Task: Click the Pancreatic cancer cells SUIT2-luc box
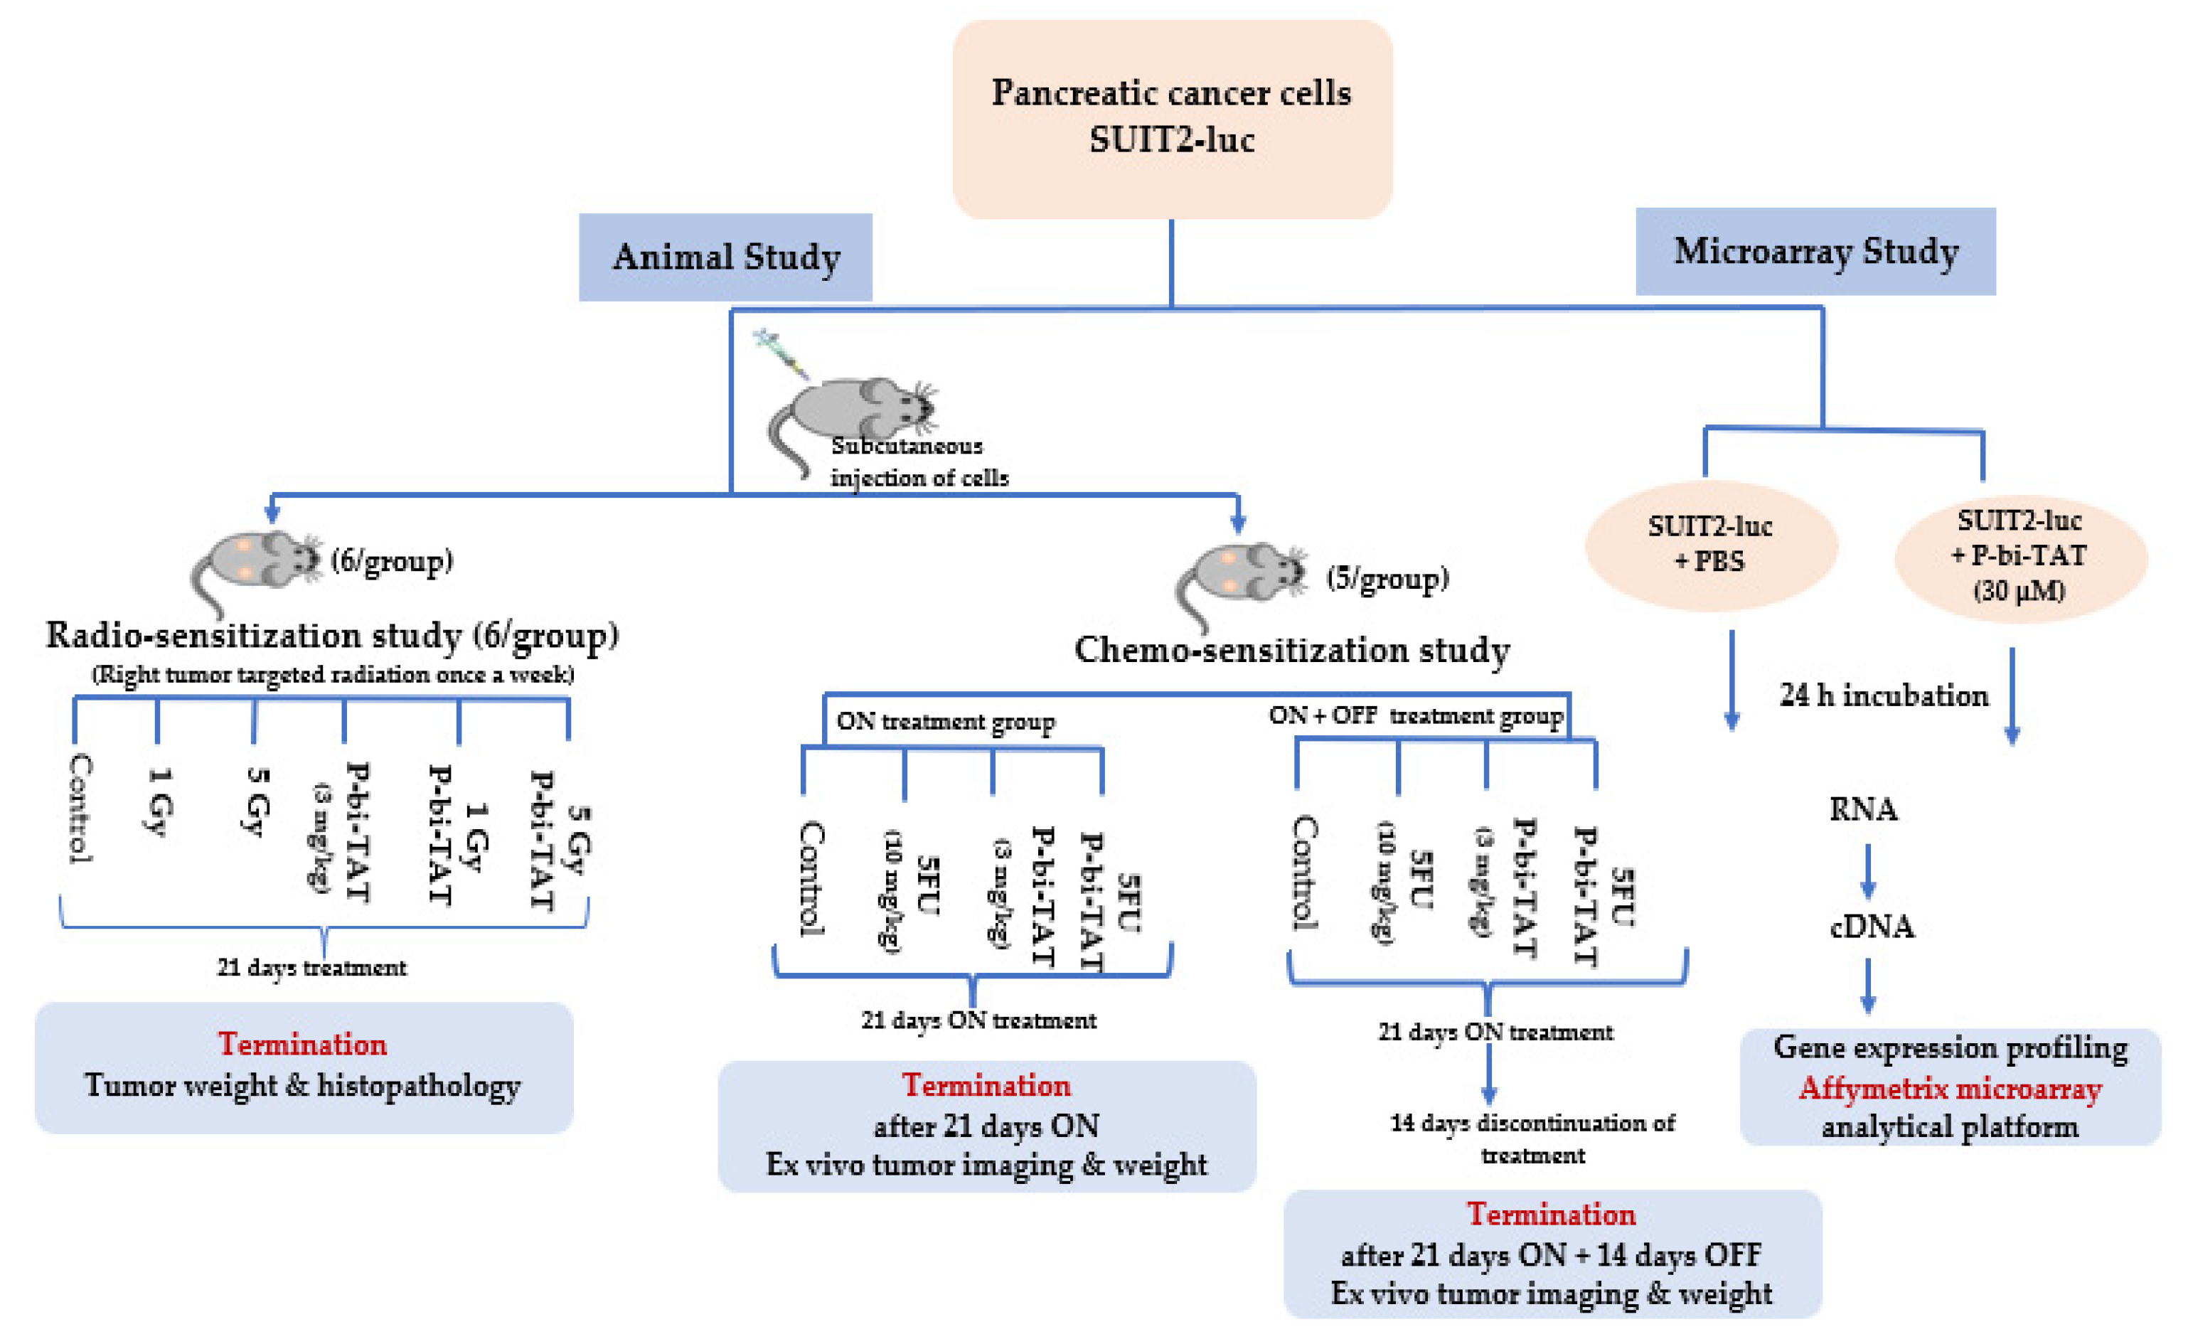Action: (1171, 118)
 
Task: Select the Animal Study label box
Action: (725, 257)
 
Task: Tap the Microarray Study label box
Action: (1815, 252)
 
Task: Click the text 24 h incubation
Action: (1883, 695)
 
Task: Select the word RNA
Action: (1863, 809)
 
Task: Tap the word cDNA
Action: (1872, 927)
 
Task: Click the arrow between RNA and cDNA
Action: (1867, 870)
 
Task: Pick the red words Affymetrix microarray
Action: (1949, 1088)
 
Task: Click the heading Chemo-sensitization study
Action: (1291, 650)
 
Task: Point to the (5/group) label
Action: (1387, 579)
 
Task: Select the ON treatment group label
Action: (945, 721)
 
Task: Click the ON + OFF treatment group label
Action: (1415, 715)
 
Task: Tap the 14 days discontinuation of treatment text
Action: (1532, 1138)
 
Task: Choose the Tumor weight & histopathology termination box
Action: (304, 1067)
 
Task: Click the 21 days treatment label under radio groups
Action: (311, 968)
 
